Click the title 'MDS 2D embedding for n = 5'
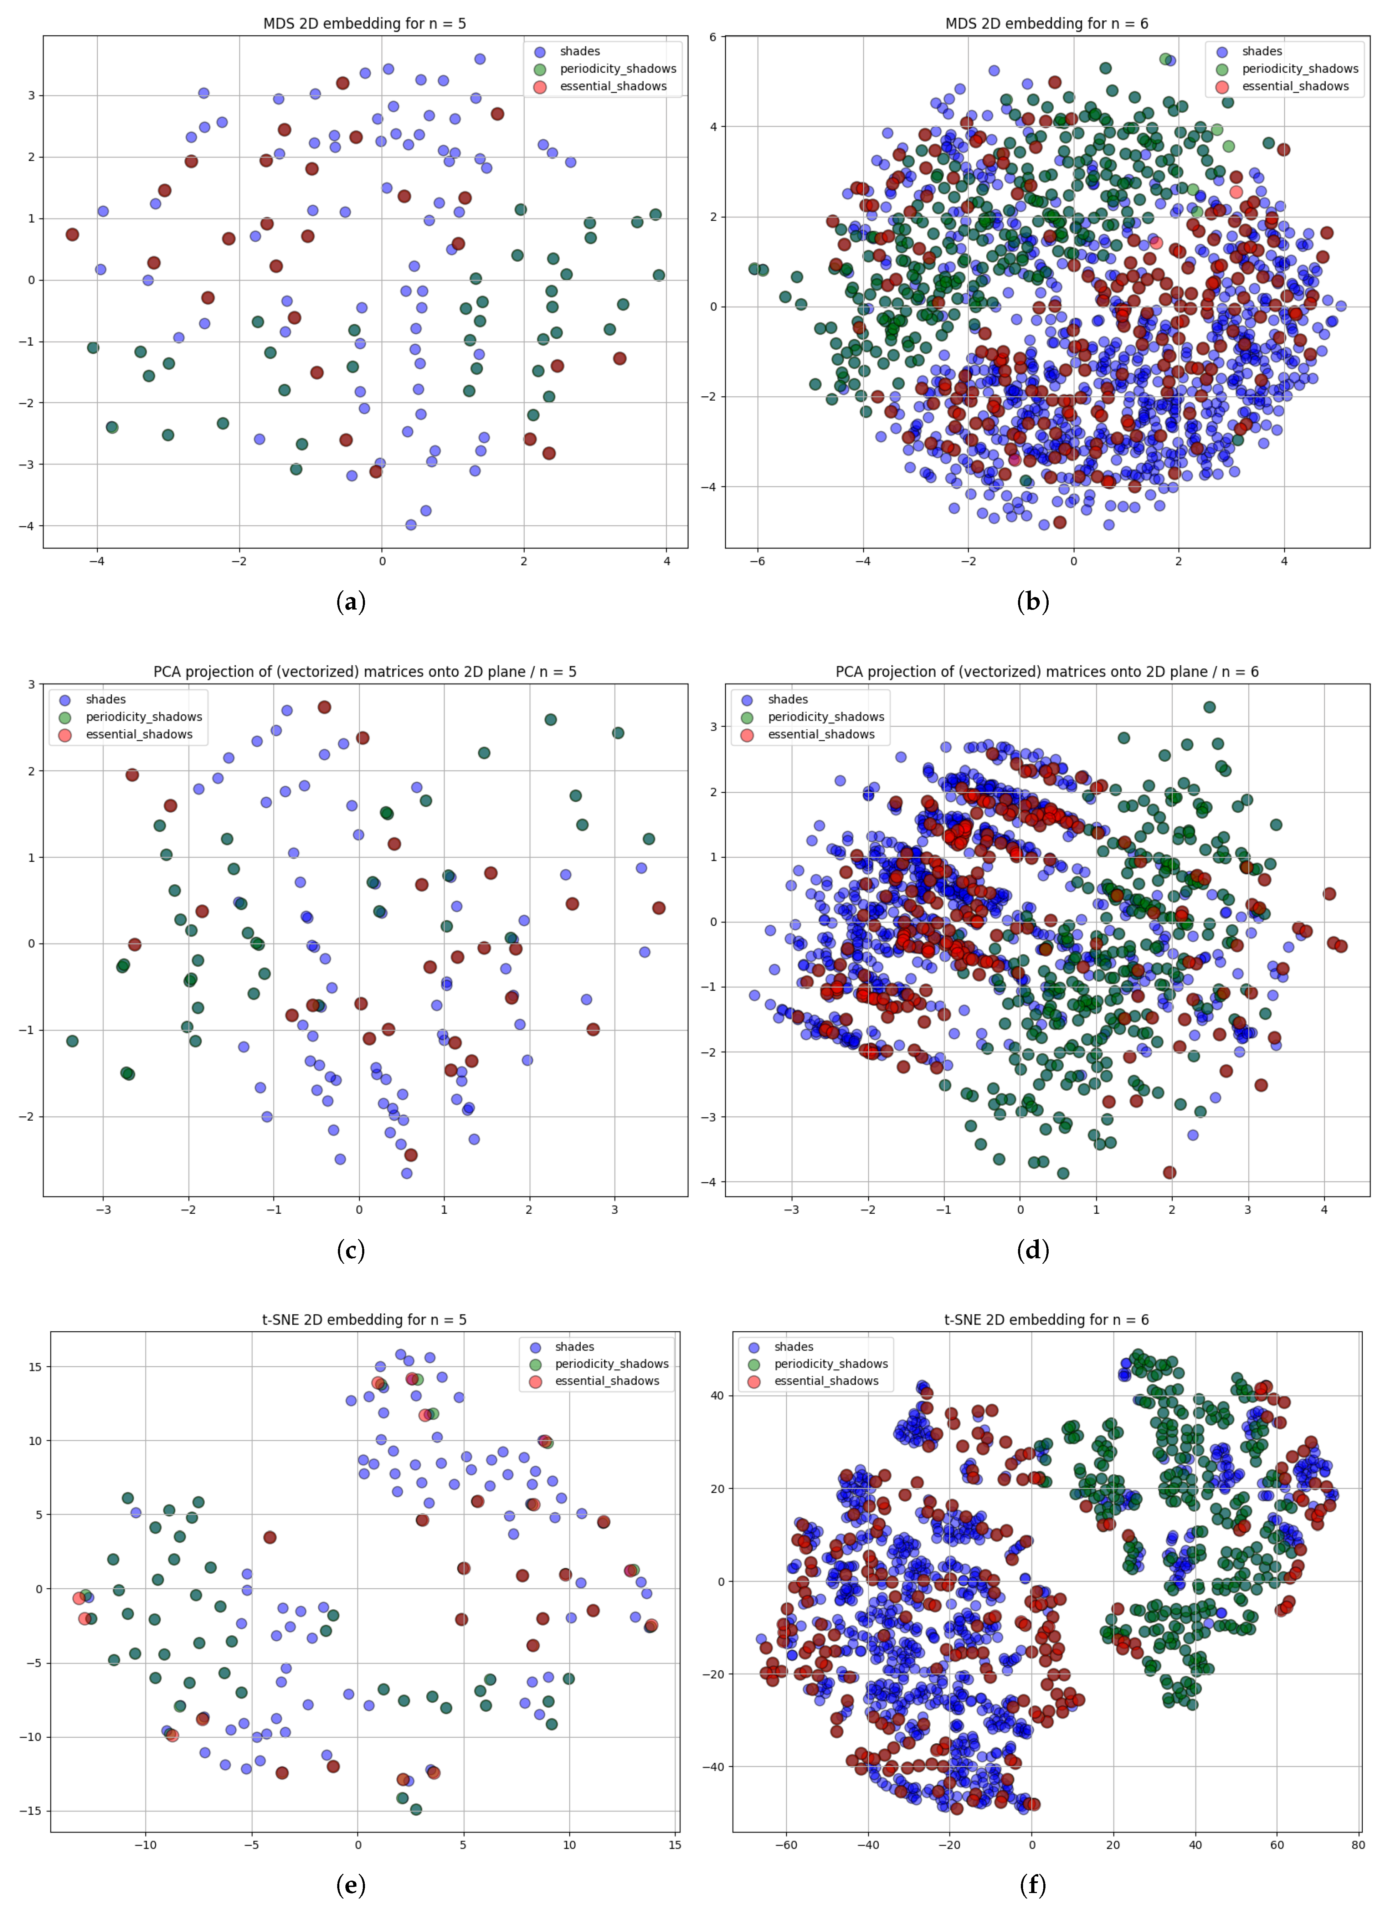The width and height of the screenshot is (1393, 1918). [365, 24]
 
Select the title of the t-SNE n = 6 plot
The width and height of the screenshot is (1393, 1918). [1046, 1319]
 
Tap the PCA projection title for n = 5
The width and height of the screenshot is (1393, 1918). [365, 672]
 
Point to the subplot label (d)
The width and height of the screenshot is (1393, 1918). [1033, 1250]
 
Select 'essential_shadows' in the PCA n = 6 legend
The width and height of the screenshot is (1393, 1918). [821, 734]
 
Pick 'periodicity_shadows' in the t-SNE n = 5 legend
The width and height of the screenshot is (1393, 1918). [612, 1364]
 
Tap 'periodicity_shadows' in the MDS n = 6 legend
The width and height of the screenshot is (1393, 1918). [1300, 68]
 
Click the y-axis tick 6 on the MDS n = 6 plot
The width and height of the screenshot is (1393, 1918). [713, 37]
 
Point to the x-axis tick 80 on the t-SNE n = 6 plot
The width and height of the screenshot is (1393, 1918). [1357, 1845]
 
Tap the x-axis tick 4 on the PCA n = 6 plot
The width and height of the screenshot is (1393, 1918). [1323, 1209]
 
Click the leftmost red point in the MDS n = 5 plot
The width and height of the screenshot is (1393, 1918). [73, 234]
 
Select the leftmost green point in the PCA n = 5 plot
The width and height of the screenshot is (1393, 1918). [73, 1041]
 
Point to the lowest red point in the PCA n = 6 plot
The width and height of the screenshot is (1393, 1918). [1170, 1172]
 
